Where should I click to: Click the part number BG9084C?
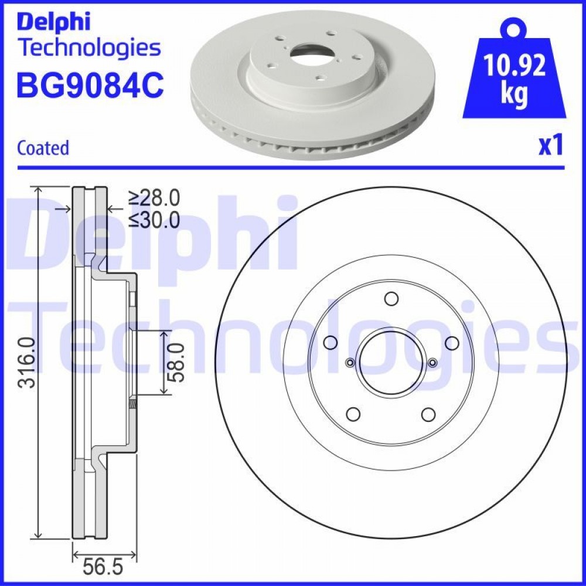pyautogui.click(x=90, y=85)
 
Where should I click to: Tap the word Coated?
pyautogui.click(x=43, y=148)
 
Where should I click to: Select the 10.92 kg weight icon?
pyautogui.click(x=514, y=69)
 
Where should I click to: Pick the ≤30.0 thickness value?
pyautogui.click(x=154, y=220)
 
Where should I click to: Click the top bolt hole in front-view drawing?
pyautogui.click(x=391, y=299)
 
